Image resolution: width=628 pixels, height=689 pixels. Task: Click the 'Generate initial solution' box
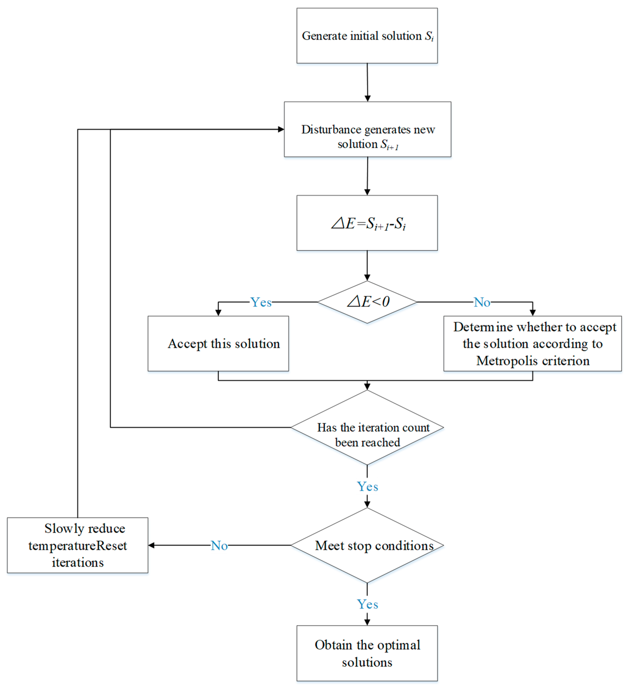pos(367,36)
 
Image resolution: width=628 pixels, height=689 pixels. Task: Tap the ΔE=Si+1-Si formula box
pos(367,223)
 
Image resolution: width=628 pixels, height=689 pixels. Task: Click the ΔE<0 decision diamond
pos(367,302)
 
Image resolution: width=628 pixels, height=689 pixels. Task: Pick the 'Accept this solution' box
pos(218,343)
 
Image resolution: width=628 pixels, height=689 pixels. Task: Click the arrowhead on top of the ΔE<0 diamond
pos(367,278)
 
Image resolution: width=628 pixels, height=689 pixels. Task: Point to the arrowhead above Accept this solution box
pos(218,313)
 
